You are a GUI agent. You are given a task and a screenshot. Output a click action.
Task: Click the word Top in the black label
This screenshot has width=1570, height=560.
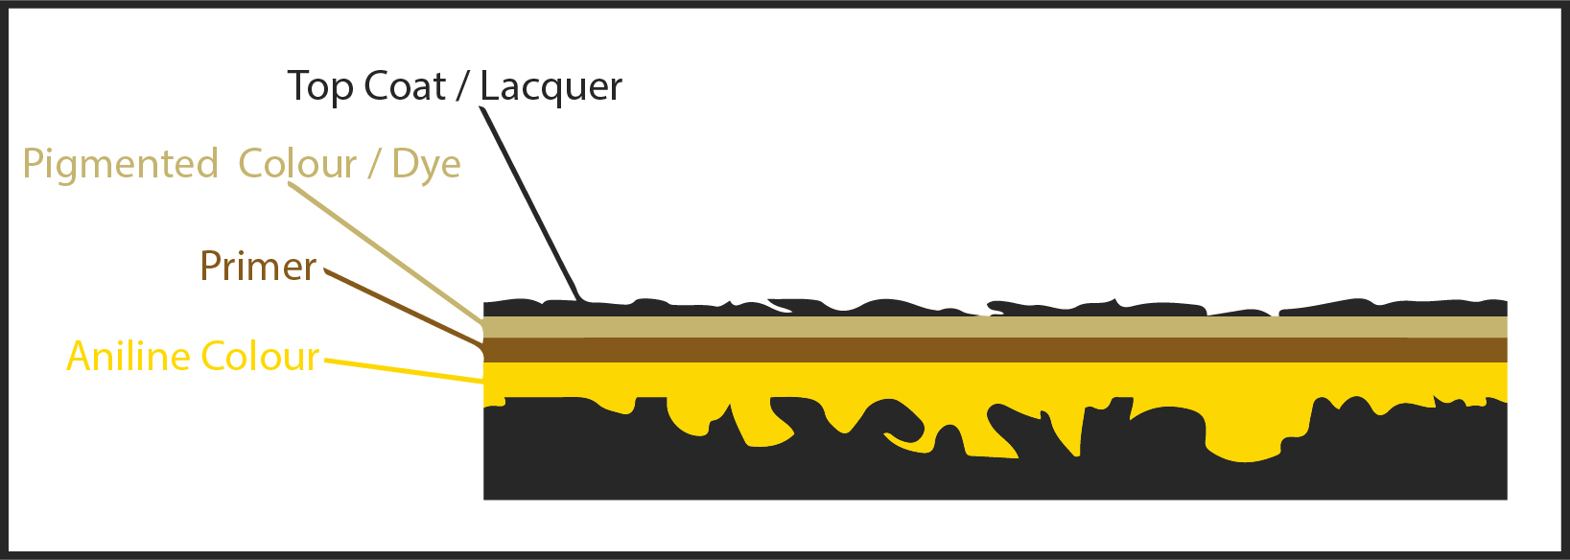319,87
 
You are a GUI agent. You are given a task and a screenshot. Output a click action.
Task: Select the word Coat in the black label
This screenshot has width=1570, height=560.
405,86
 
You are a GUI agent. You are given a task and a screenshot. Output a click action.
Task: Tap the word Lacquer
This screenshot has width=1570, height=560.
551,87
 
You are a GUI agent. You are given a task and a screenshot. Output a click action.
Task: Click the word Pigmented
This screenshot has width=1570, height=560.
121,165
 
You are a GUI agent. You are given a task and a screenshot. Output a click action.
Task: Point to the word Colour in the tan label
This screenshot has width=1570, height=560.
298,164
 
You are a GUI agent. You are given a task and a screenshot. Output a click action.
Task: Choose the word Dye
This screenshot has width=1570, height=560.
426,165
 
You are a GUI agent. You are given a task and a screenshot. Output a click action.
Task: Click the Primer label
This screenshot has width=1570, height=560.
258,267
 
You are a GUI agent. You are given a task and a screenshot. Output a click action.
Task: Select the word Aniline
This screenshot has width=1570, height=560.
129,356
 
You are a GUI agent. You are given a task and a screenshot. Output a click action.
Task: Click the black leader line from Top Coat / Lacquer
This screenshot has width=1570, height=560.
530,203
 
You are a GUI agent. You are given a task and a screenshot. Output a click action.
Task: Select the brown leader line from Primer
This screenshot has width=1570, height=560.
405,309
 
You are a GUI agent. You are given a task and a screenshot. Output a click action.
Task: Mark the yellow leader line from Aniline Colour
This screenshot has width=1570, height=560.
405,371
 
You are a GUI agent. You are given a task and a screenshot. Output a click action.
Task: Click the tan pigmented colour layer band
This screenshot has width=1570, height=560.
996,327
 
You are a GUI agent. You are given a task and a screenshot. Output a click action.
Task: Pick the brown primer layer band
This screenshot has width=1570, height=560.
996,350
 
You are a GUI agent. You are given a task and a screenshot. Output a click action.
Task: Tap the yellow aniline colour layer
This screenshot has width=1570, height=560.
996,382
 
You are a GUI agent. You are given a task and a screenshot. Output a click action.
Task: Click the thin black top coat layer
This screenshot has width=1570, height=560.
996,308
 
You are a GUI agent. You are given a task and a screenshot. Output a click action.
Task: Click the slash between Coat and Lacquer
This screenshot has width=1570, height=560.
462,87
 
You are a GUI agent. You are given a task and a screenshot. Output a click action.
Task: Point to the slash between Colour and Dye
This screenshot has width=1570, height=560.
374,165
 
